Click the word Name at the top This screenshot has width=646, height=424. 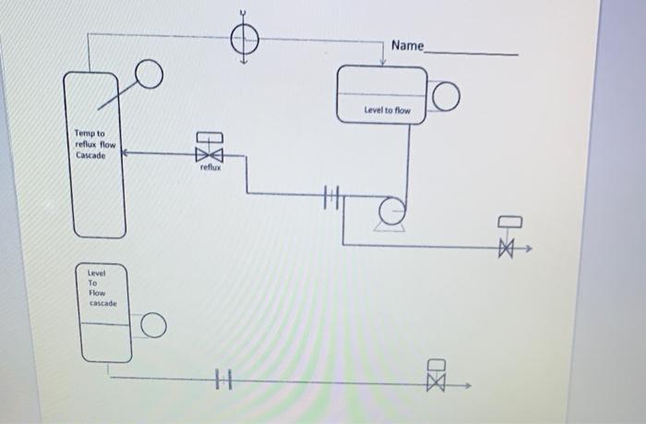coord(407,45)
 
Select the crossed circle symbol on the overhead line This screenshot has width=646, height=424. coord(245,40)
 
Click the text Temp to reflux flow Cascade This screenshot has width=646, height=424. coord(95,144)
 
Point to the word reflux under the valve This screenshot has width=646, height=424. coord(210,168)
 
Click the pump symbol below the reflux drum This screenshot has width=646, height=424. coord(391,212)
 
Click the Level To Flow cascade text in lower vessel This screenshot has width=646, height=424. coord(101,287)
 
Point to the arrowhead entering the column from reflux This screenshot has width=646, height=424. coord(125,153)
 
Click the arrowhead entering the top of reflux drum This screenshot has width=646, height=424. coord(383,62)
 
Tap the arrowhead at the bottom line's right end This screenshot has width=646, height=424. coord(469,388)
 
